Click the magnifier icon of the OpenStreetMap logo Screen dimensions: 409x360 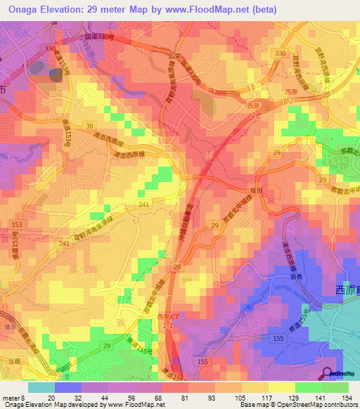point(328,373)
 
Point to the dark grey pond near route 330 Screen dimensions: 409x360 point(54,75)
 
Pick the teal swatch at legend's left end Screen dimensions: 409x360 point(41,387)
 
